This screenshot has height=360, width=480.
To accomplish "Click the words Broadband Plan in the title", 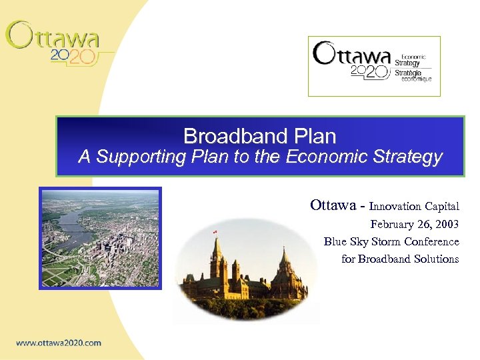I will (x=259, y=137).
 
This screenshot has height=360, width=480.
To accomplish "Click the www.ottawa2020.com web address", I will (x=59, y=343).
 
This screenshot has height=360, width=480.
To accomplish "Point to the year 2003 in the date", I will (x=446, y=225).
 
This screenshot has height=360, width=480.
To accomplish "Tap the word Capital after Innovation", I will (x=441, y=207).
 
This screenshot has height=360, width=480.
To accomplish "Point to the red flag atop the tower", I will (x=215, y=231).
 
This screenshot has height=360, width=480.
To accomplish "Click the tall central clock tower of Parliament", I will (x=217, y=260).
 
